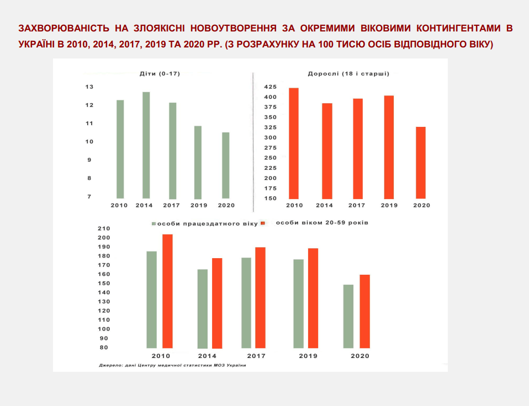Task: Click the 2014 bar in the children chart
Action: [146, 145]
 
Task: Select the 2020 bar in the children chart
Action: [225, 165]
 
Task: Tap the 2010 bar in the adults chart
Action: [293, 143]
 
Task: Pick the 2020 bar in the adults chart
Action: [421, 163]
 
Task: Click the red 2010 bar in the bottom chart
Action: [167, 291]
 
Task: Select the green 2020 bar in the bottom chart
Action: [348, 316]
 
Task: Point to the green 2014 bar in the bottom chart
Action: [203, 309]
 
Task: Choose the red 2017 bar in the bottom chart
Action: [260, 298]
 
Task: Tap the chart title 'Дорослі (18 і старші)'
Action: [348, 73]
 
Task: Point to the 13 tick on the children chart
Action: [89, 87]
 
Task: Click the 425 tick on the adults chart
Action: [269, 87]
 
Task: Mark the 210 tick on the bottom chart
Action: [104, 228]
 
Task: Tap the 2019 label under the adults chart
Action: [389, 205]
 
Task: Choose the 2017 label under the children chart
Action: [172, 205]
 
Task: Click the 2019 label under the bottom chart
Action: [308, 356]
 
